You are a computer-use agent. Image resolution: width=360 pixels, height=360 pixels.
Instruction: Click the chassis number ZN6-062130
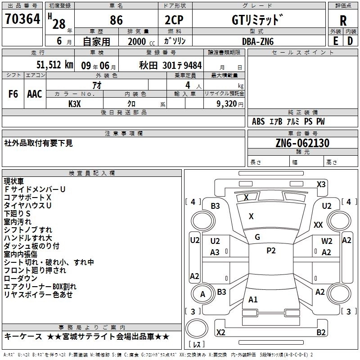point(302,143)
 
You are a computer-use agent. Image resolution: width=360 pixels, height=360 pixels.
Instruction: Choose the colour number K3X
point(75,103)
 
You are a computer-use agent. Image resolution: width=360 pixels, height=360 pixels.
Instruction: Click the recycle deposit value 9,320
point(224,103)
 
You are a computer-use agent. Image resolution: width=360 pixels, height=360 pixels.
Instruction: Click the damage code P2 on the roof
point(271,251)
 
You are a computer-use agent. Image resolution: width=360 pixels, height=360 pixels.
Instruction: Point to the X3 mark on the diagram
point(321,184)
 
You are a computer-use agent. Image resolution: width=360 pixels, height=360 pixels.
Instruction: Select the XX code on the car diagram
point(318,225)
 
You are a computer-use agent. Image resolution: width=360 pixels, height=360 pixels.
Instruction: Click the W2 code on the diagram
point(327,241)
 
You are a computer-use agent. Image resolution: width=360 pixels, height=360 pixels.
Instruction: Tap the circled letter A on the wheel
point(202,294)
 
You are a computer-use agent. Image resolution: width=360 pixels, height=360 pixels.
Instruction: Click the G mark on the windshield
point(257,237)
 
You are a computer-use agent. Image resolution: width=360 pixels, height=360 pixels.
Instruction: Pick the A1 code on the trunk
point(253,299)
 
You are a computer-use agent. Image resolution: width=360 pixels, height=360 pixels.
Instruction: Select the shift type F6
point(13,94)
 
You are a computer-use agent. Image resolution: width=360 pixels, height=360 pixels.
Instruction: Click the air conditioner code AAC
point(34,94)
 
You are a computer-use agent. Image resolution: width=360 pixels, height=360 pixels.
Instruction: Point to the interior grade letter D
point(350,40)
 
